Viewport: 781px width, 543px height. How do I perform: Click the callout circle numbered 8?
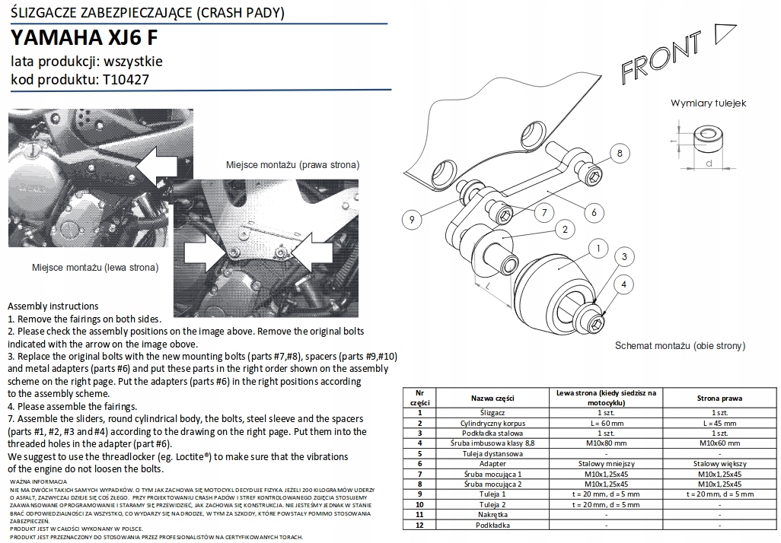(x=620, y=153)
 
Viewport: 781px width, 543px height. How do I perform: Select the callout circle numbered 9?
(x=411, y=220)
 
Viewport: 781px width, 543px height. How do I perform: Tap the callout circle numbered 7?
(x=545, y=213)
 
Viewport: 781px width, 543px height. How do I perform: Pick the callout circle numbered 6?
(x=595, y=212)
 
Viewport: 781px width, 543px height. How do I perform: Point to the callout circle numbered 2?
(x=565, y=229)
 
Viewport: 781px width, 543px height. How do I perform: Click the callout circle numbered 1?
(x=599, y=249)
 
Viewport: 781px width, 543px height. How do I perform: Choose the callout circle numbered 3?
(x=624, y=257)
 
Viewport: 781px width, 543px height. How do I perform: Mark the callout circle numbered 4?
(x=624, y=284)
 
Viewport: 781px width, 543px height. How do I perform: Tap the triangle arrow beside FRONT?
(x=724, y=33)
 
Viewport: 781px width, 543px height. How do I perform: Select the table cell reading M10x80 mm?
(x=606, y=443)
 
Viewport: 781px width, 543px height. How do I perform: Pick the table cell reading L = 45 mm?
(x=719, y=423)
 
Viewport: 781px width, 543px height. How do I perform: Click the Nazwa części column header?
(x=493, y=398)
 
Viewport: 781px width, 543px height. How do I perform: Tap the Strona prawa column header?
(x=719, y=398)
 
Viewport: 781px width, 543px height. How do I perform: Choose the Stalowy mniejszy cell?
(x=606, y=463)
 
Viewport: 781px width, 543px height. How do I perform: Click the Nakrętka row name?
(x=493, y=515)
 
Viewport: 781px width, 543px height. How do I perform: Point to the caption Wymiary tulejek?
(x=708, y=103)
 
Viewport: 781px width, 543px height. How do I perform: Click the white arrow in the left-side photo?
(x=159, y=164)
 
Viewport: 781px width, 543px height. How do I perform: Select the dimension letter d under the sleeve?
(x=709, y=163)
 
